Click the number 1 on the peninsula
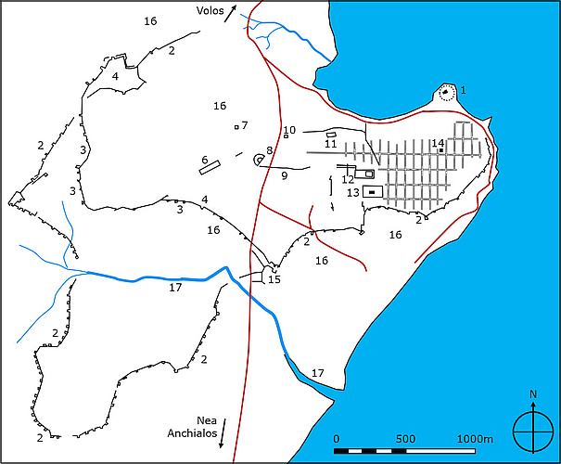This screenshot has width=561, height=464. [x=463, y=90]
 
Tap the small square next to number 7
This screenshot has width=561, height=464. [x=237, y=126]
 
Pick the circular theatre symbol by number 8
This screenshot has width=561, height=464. [x=259, y=161]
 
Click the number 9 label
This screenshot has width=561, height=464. [x=285, y=175]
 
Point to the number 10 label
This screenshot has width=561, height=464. [x=289, y=130]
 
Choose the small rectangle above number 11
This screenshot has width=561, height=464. [x=330, y=135]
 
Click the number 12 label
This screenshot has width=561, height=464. [x=347, y=179]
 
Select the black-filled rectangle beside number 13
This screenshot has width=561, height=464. [x=372, y=192]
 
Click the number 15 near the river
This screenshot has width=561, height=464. [x=274, y=279]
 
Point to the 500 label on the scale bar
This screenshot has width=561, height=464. [x=404, y=438]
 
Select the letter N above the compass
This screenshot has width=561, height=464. [x=533, y=394]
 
